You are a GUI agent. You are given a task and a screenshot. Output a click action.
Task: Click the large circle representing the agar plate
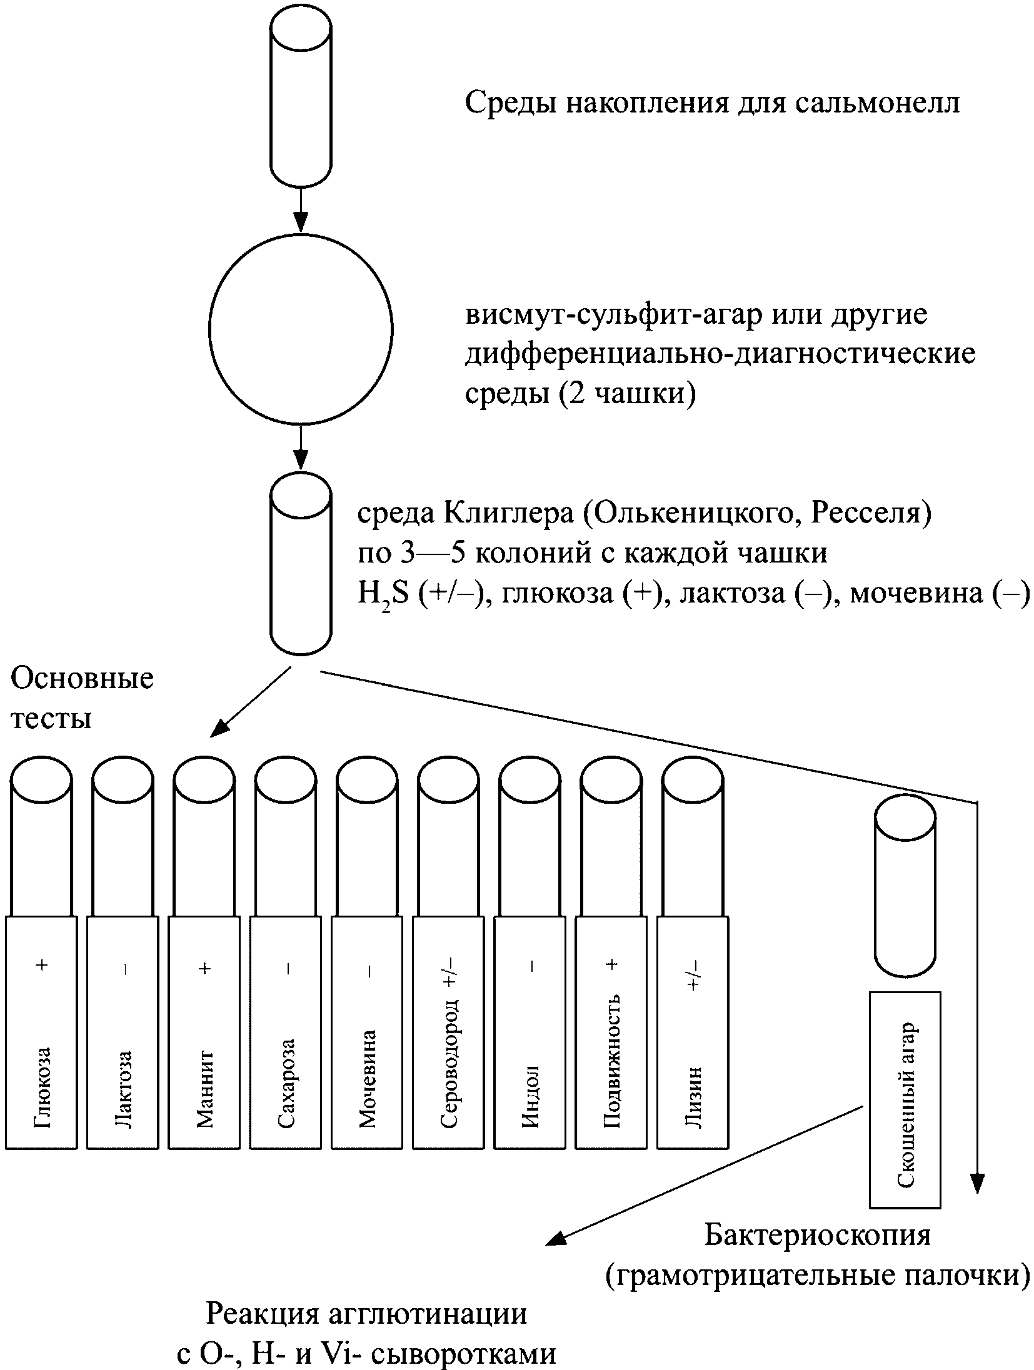point(301,329)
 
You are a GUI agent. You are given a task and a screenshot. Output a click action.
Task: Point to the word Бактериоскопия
point(818,1235)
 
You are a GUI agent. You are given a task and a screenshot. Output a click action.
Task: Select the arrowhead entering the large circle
point(301,222)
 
